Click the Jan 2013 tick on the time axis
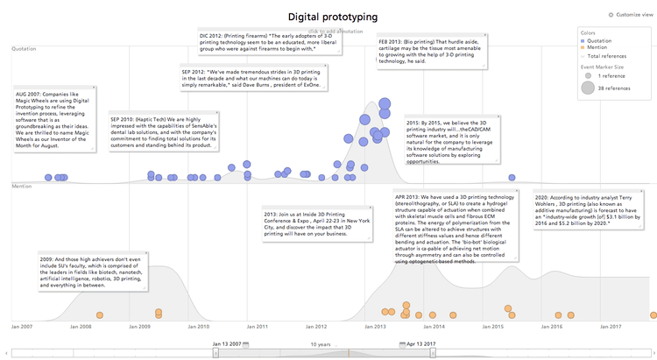point(375,326)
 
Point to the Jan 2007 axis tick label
point(22,326)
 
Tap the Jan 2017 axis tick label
point(611,326)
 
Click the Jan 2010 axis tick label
point(199,326)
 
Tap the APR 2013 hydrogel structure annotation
point(456,227)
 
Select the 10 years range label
point(321,344)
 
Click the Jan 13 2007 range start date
point(227,344)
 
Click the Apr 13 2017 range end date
point(418,344)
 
